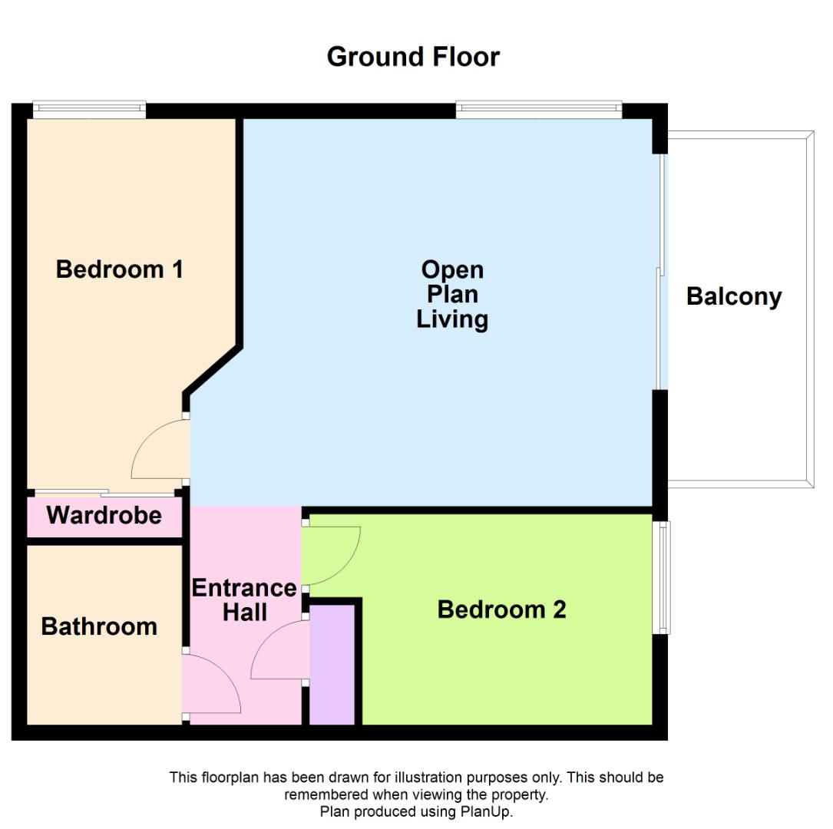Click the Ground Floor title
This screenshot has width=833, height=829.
click(413, 57)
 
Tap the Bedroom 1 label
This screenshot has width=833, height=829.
click(120, 269)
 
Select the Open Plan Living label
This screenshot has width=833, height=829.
click(452, 295)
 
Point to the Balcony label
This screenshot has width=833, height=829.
click(734, 297)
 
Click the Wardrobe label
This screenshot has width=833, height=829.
click(104, 515)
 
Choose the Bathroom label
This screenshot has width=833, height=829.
click(99, 626)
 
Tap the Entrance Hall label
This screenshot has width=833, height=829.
click(244, 600)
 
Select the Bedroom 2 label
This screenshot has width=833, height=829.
click(501, 609)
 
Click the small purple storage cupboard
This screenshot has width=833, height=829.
click(332, 665)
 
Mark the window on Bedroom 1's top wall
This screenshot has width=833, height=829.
click(89, 110)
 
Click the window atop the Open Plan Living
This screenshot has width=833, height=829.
click(539, 110)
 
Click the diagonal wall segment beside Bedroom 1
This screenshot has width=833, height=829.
click(213, 371)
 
